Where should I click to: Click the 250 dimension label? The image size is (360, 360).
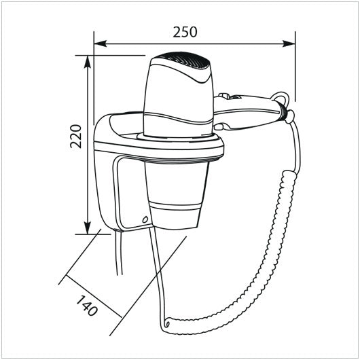pos(185,32)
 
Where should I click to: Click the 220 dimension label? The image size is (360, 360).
pos(76,137)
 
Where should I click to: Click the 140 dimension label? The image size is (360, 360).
pos(87,306)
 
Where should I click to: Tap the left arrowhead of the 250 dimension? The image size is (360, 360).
pos(101,43)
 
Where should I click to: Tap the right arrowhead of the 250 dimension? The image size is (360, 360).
pos(289,43)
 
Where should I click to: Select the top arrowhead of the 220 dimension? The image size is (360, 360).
pos(87,62)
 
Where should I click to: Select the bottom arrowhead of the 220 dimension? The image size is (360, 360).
pos(87,228)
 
